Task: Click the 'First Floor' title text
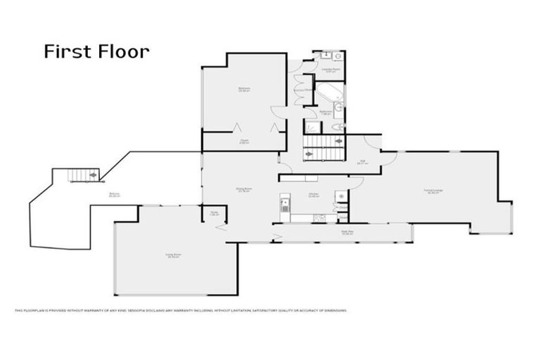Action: pyautogui.click(x=96, y=51)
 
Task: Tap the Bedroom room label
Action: pyautogui.click(x=244, y=89)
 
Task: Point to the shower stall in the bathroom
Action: pyautogui.click(x=312, y=127)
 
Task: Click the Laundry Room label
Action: pyautogui.click(x=328, y=70)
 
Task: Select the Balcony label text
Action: pyautogui.click(x=113, y=195)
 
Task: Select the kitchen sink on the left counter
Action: pyautogui.click(x=284, y=205)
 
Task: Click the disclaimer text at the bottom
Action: pyautogui.click(x=180, y=309)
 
